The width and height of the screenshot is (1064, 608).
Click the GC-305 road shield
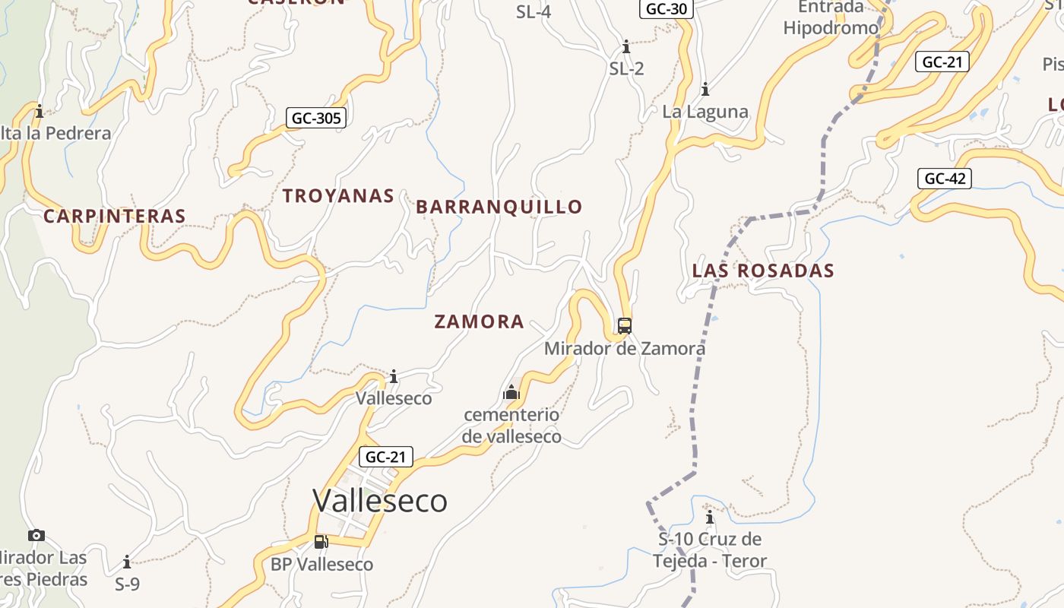pyautogui.click(x=316, y=118)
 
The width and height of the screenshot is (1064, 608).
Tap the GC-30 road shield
pyautogui.click(x=665, y=8)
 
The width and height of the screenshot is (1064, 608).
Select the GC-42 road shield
pyautogui.click(x=944, y=179)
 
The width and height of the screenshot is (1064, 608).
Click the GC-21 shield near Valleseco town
pyautogui.click(x=386, y=457)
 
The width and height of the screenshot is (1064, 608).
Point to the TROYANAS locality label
pyautogui.click(x=338, y=195)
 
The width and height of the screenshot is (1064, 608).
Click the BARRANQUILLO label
pyautogui.click(x=499, y=207)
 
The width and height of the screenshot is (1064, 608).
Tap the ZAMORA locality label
pyautogui.click(x=479, y=321)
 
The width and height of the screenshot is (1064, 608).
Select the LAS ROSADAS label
pyautogui.click(x=763, y=271)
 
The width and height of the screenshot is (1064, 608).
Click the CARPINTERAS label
pyautogui.click(x=115, y=216)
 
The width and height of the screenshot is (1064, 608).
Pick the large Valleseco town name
pyautogui.click(x=379, y=501)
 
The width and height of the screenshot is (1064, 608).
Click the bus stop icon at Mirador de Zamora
pyautogui.click(x=624, y=326)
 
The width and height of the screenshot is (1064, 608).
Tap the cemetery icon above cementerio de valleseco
pyautogui.click(x=511, y=392)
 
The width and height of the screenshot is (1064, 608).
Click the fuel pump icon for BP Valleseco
pyautogui.click(x=321, y=542)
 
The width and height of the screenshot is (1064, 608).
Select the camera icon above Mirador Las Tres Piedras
pyautogui.click(x=36, y=535)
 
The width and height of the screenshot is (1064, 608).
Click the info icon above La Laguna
pyautogui.click(x=705, y=90)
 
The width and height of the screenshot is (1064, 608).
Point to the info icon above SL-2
pyautogui.click(x=626, y=46)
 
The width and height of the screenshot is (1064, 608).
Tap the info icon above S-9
pyautogui.click(x=127, y=562)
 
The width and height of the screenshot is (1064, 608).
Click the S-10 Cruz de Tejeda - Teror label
pyautogui.click(x=710, y=550)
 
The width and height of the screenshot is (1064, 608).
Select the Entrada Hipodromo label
pyautogui.click(x=831, y=17)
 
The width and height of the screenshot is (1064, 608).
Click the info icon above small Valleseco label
pyautogui.click(x=394, y=376)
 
